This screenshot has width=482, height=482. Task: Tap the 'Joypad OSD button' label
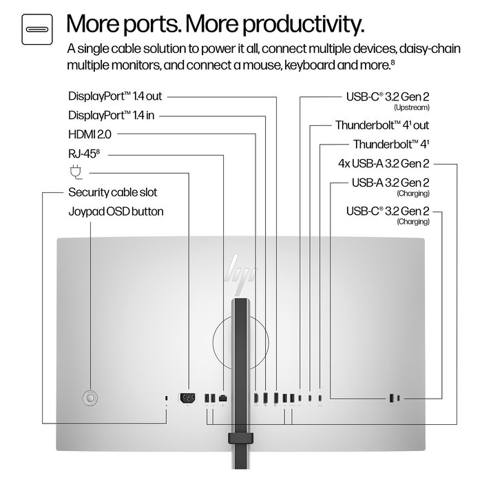coord(116,211)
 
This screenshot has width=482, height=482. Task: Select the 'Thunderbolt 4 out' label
coord(382,126)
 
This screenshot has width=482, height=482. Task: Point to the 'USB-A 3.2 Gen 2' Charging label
coord(390,183)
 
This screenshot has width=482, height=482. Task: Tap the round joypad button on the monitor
coord(90,397)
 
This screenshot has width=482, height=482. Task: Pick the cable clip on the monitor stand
coord(241,437)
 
